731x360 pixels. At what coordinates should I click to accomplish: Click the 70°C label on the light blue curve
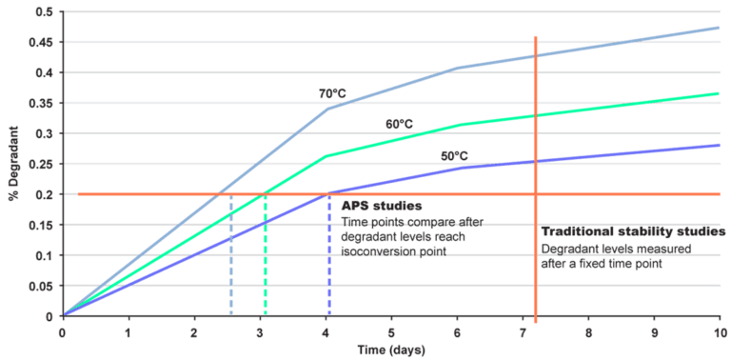(331, 93)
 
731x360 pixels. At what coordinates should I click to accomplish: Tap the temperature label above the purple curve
(453, 154)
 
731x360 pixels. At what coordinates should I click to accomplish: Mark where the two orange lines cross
(536, 194)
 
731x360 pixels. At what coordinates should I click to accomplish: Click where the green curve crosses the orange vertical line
(536, 116)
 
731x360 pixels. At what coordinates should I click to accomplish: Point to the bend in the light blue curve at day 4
(327, 108)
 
